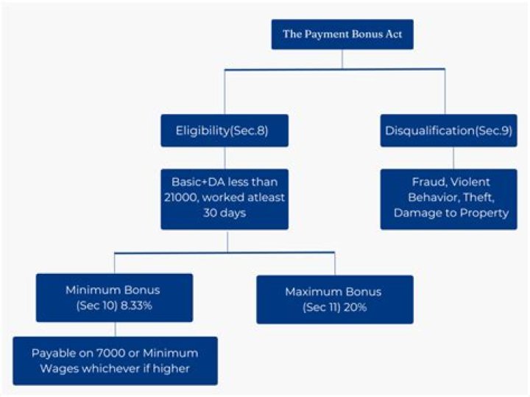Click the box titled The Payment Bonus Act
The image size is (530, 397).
(342, 34)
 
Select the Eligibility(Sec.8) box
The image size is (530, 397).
(225, 130)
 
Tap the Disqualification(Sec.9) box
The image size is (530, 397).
(450, 130)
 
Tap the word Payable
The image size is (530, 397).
(52, 353)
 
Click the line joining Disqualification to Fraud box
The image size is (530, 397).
(453, 158)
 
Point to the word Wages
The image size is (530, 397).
(54, 368)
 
